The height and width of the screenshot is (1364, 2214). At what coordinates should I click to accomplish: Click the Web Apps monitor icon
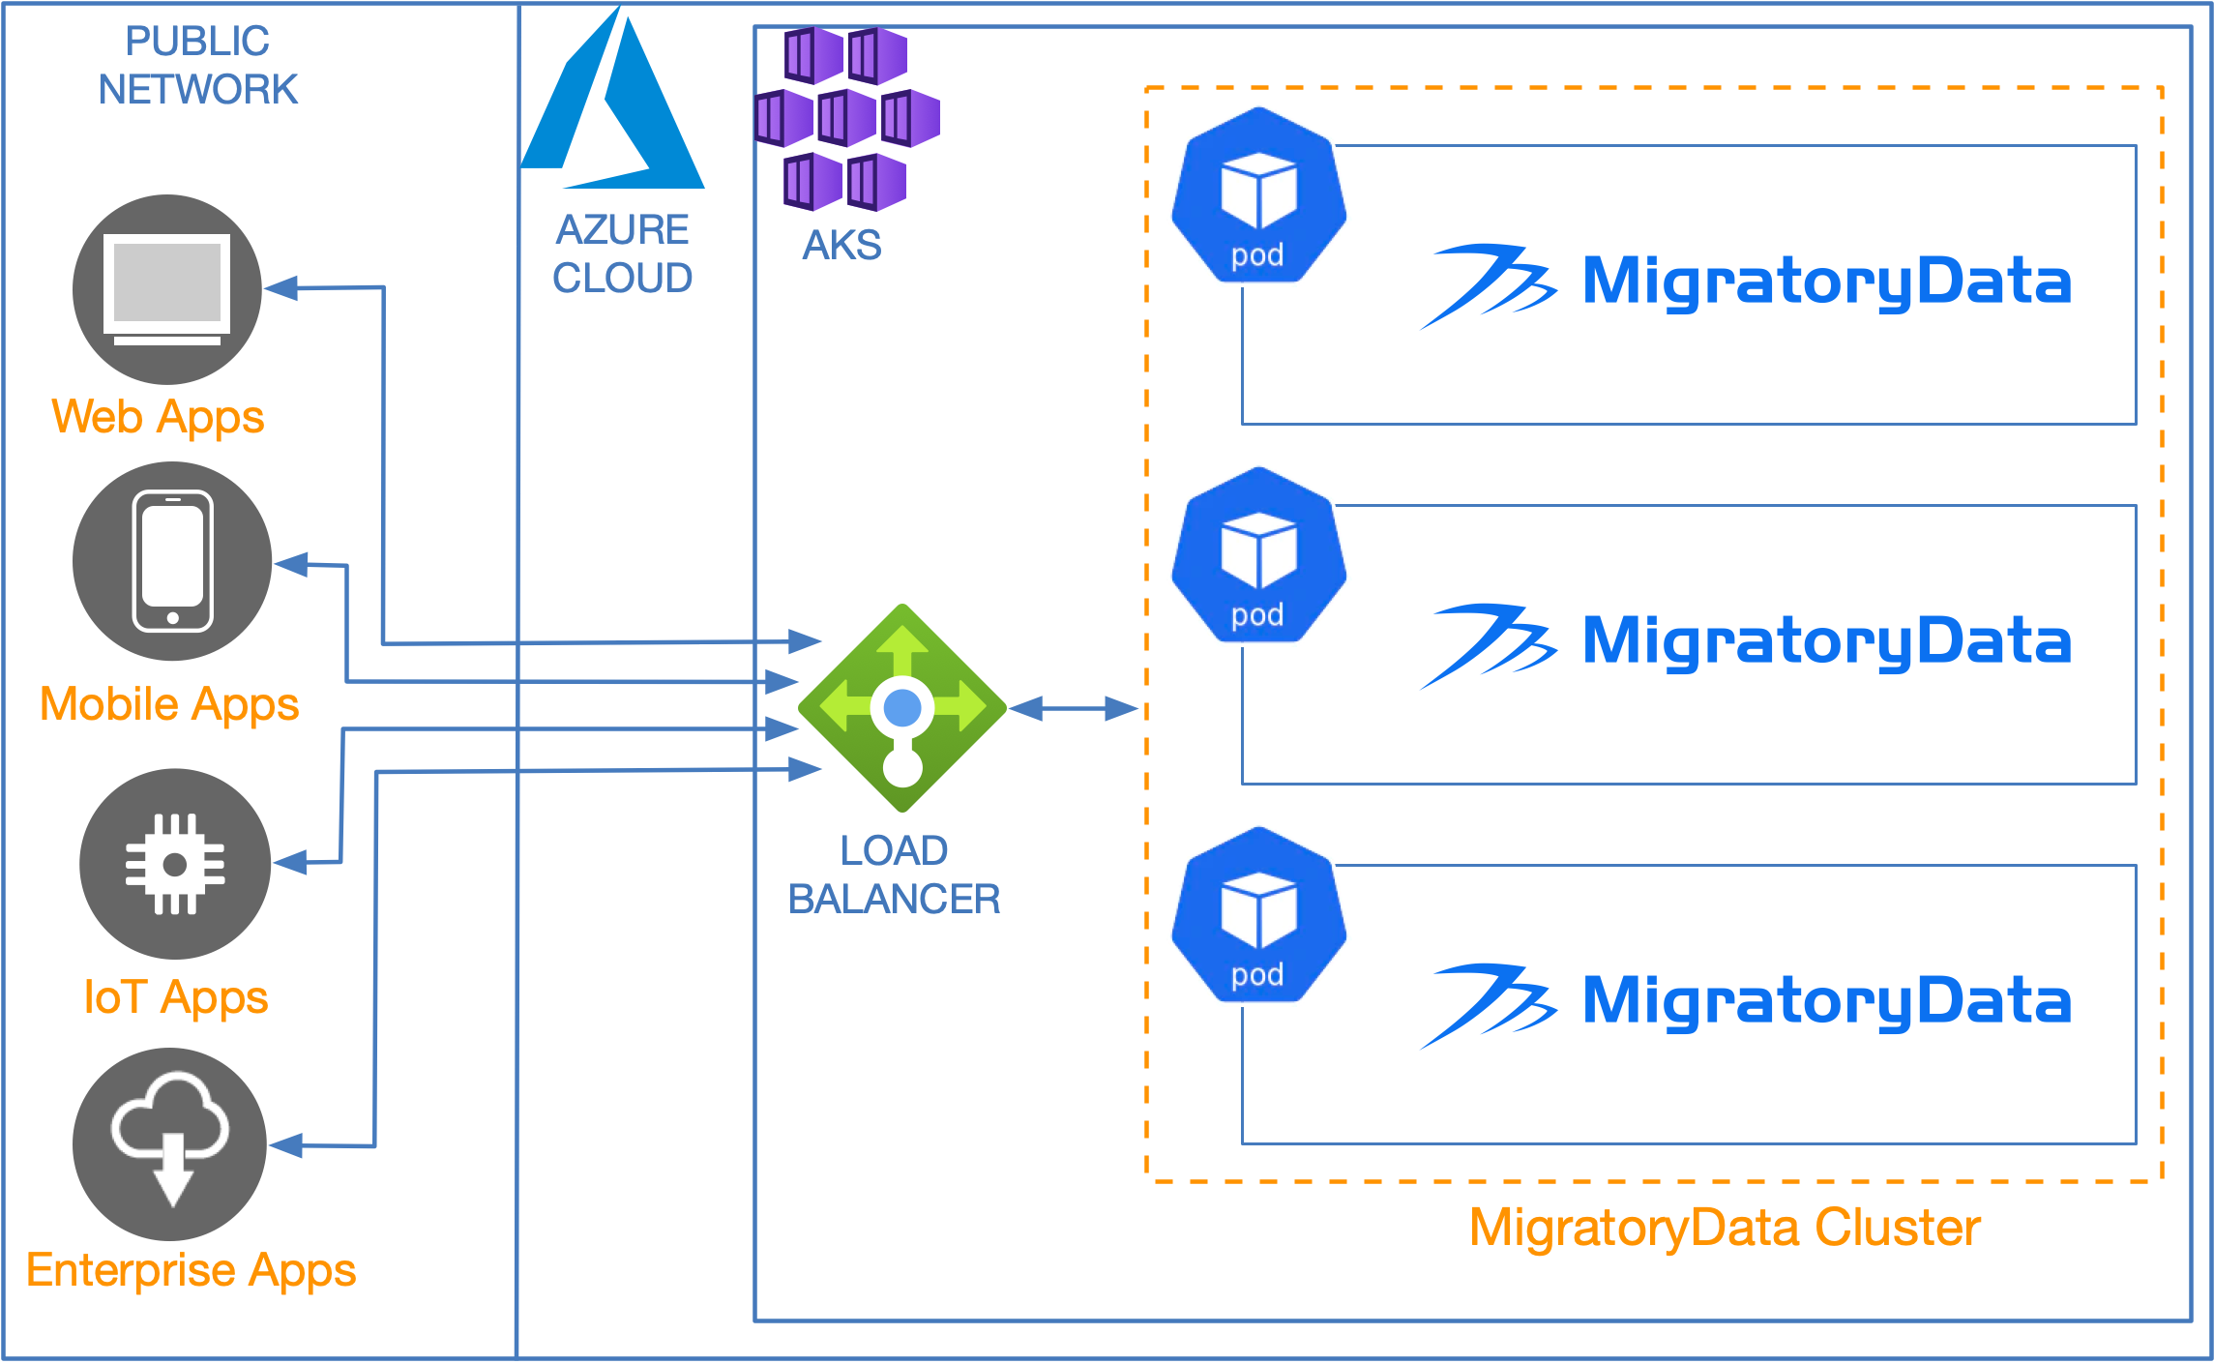[167, 289]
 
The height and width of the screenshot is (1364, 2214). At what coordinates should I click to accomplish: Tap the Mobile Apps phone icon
[172, 561]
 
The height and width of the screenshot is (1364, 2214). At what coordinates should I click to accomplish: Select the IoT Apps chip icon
[175, 863]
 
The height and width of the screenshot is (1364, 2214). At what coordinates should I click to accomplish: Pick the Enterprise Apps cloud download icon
[170, 1143]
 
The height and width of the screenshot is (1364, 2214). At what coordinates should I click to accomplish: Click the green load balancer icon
[902, 708]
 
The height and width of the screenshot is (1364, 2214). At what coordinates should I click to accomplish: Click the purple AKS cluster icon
[846, 118]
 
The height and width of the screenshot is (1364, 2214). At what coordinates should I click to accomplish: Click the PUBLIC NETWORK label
[197, 65]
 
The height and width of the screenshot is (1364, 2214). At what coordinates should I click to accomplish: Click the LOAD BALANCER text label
[894, 875]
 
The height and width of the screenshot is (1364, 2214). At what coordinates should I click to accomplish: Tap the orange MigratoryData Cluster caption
[1725, 1228]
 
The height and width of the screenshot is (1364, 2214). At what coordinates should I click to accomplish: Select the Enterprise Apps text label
[191, 1270]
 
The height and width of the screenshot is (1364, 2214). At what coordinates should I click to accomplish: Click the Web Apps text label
[158, 417]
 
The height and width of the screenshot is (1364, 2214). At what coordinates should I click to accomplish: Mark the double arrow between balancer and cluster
[1075, 709]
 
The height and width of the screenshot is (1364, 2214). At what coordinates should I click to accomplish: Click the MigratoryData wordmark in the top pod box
[1826, 282]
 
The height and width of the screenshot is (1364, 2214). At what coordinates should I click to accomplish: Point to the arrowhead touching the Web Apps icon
[280, 287]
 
